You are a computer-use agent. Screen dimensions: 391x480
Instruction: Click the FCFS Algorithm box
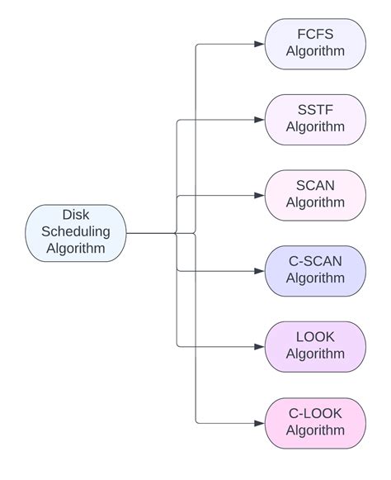pos(315,44)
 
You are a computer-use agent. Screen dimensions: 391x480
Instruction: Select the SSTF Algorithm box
pos(315,120)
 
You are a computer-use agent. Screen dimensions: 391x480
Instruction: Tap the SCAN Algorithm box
pos(315,195)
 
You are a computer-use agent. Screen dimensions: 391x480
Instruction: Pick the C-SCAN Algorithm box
pos(315,271)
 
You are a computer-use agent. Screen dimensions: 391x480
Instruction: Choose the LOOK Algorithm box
pos(315,347)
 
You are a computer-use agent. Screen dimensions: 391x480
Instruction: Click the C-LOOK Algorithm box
pos(315,423)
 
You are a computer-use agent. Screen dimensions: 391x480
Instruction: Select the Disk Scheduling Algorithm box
pos(76,233)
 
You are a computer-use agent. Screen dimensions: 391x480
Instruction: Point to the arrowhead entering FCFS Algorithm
pos(260,44)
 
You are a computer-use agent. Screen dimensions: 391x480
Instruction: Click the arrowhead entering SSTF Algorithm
pos(260,120)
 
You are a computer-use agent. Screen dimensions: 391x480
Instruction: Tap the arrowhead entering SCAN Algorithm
pos(260,195)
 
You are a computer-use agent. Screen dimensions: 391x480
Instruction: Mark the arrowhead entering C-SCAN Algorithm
pos(260,271)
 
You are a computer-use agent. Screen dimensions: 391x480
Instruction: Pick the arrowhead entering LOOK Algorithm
pos(260,347)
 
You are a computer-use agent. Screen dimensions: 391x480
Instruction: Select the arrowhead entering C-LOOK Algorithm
pos(260,423)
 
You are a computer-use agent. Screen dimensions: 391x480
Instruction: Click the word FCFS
pos(315,34)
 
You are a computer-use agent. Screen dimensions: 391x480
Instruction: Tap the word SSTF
pos(315,110)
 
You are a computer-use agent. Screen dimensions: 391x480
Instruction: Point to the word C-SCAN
pos(315,261)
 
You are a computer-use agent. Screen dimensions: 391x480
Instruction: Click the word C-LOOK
pos(315,414)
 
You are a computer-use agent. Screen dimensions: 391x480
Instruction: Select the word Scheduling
pos(76,231)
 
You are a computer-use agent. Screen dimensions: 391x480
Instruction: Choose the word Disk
pos(76,215)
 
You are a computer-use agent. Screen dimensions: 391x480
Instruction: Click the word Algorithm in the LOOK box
pos(315,354)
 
